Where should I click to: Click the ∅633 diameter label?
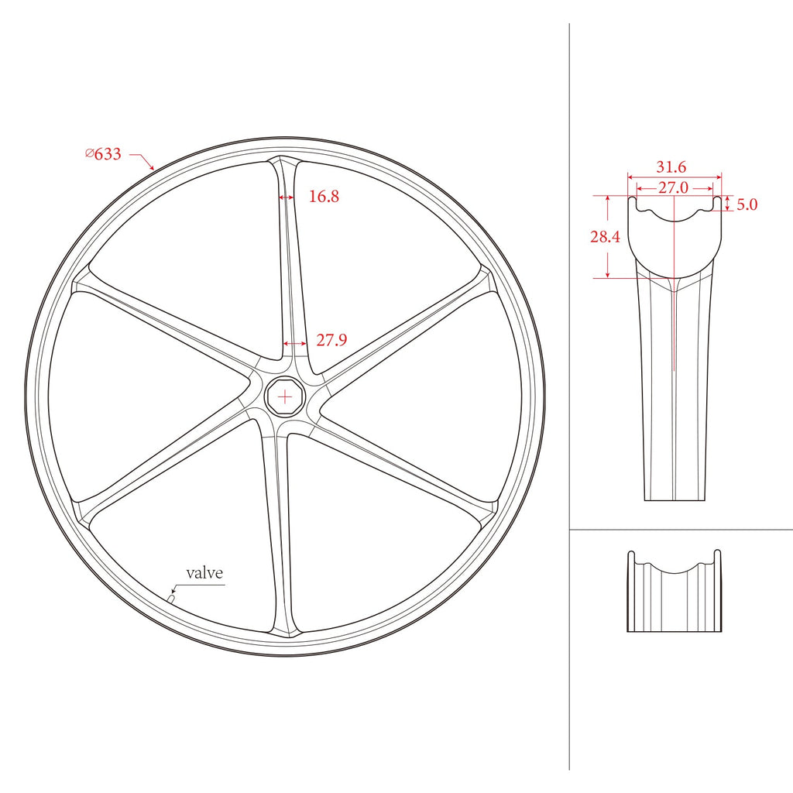[103, 154]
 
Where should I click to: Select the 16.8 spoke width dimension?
[324, 197]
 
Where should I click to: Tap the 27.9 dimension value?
[331, 340]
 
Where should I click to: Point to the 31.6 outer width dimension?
[671, 167]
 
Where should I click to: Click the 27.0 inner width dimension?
[673, 187]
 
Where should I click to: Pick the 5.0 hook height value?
[747, 204]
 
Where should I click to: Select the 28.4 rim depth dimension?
[604, 237]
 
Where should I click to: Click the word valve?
[204, 573]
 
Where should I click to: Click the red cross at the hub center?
[285, 397]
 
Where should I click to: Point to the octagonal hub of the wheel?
[285, 397]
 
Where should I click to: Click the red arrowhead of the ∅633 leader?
[153, 166]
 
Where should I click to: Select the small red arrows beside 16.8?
[286, 197]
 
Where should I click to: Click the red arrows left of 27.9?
[294, 343]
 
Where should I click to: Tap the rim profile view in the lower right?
[674, 592]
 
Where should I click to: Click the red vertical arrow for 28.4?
[609, 237]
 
